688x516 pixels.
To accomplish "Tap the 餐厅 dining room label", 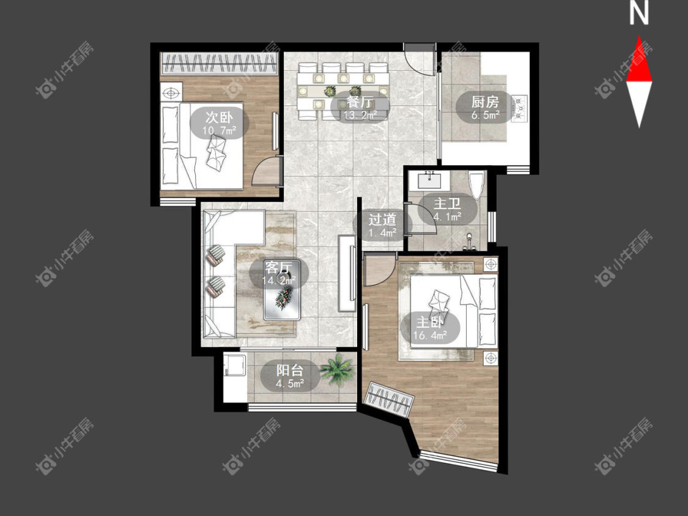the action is (x=360, y=102).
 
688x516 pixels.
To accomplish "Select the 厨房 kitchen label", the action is (x=486, y=102).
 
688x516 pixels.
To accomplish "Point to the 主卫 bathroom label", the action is (x=447, y=204).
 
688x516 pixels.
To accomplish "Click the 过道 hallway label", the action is (x=382, y=219).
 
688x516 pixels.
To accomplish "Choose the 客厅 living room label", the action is (x=279, y=267).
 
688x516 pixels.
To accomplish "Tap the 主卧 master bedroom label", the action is (x=429, y=323).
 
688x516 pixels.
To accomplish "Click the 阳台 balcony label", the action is (x=290, y=370).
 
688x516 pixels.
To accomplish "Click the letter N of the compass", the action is (x=639, y=13).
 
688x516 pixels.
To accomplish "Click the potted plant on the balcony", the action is (x=337, y=370).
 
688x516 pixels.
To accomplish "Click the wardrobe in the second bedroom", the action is (x=220, y=64).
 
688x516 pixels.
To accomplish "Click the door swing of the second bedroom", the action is (x=267, y=171).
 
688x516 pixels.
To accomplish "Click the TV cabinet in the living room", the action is (x=347, y=273).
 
